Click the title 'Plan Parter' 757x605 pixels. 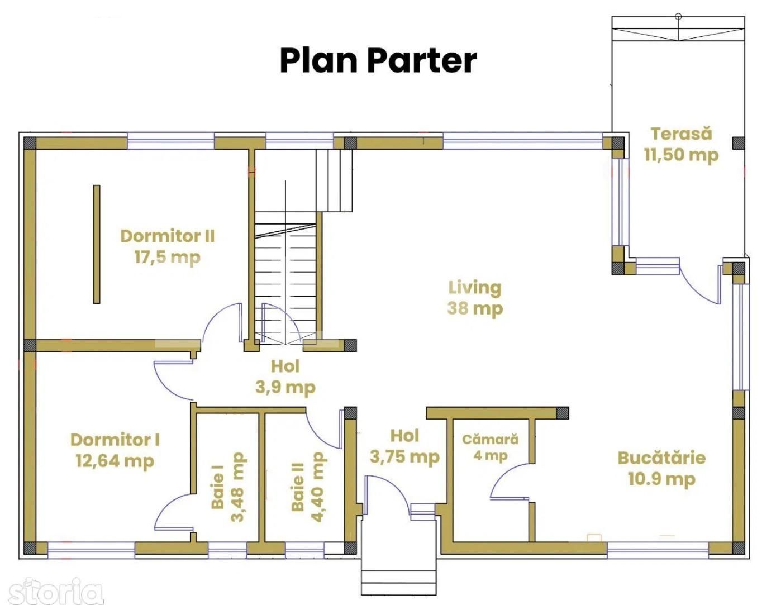coord(378,60)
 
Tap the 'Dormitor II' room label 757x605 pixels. coord(167,236)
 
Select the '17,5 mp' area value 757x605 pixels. coord(167,257)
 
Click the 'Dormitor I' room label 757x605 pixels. coord(115,440)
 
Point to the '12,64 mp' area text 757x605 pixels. coord(115,461)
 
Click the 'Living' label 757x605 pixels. coord(475,287)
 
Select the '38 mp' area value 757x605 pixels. coord(475,308)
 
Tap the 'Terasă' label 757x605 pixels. coord(681,134)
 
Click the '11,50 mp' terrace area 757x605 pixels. coord(681,155)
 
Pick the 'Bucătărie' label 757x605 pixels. coord(661,458)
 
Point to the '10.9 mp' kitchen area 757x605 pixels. coord(661,479)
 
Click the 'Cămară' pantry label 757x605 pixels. coord(490,439)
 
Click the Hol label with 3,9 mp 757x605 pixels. coord(285,366)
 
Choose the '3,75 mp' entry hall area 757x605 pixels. coord(404,457)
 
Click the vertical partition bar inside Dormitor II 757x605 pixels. coord(97,244)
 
